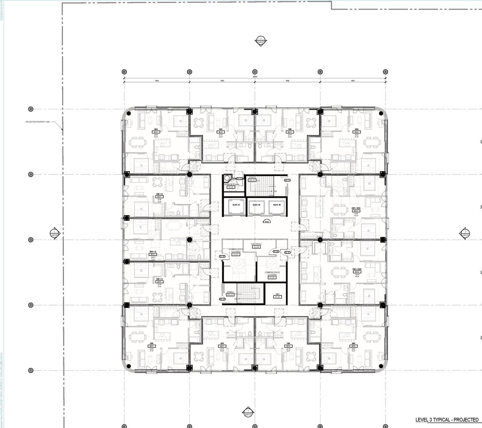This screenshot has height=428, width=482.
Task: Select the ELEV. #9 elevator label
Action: click(x=277, y=205)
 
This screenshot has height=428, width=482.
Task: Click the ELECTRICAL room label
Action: click(x=256, y=244)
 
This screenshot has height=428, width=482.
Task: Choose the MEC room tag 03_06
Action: click(x=278, y=297)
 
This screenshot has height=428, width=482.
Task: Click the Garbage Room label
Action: click(x=229, y=185)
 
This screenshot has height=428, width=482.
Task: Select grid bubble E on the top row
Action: click(x=124, y=72)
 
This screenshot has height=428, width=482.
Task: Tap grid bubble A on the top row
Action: click(x=385, y=72)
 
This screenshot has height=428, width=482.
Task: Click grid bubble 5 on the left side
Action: click(x=31, y=109)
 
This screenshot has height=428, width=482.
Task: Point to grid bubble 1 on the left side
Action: click(x=31, y=370)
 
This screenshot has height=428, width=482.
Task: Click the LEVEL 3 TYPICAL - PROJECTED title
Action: click(x=447, y=420)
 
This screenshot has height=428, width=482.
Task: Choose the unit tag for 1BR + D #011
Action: click(x=159, y=197)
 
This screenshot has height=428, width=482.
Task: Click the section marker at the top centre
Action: click(x=260, y=41)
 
